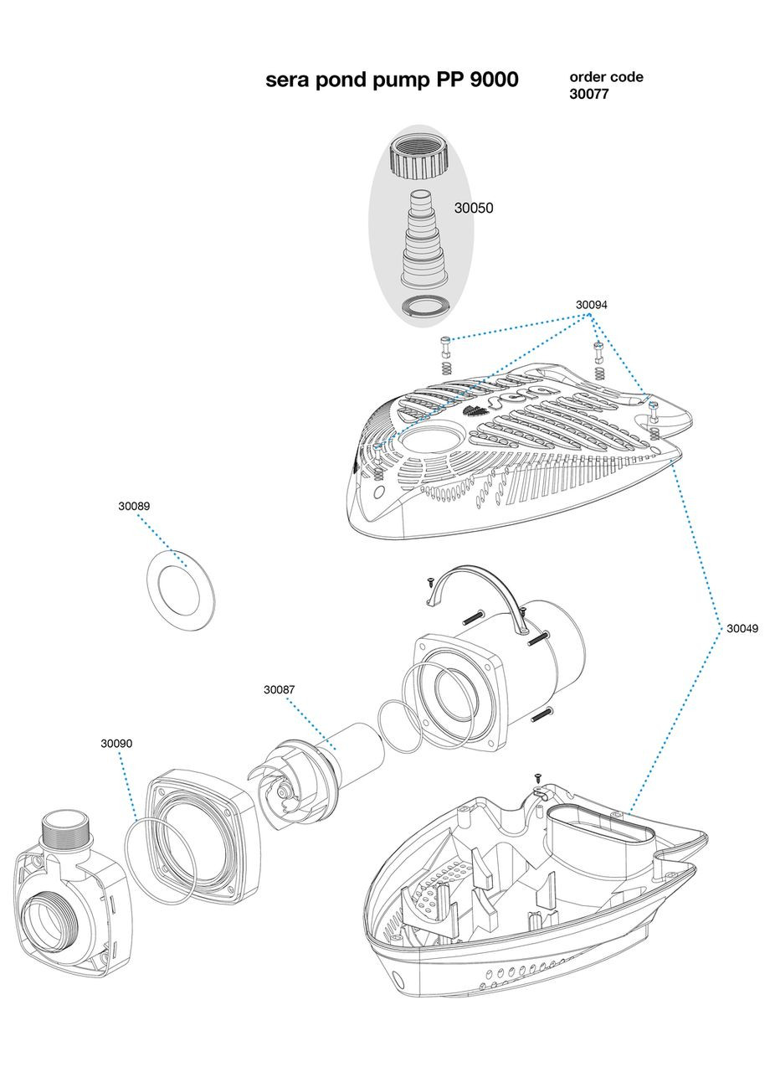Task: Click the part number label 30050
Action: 473,209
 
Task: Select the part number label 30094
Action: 591,305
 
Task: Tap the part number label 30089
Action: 134,506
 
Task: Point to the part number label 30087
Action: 280,689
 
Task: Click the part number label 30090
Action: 116,743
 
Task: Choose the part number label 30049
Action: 742,627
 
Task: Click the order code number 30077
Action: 589,95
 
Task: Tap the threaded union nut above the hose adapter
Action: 422,156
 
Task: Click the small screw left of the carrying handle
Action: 429,580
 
